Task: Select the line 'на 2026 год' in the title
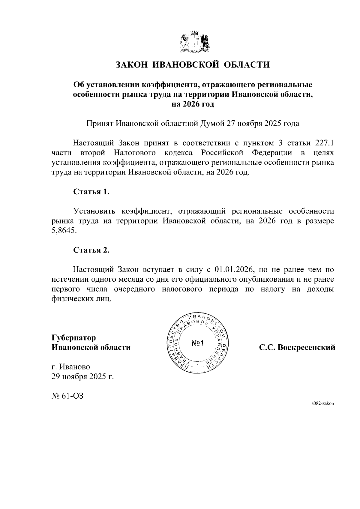coord(193,104)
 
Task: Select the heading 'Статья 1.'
coord(91,192)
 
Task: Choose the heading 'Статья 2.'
coord(91,250)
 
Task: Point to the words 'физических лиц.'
coord(81,299)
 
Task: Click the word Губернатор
coord(74,338)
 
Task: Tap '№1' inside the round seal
coord(197,343)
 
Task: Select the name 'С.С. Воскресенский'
coord(297,348)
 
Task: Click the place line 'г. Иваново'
coord(71,367)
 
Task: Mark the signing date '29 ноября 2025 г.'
coord(83,376)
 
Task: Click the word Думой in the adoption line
coord(209,124)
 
